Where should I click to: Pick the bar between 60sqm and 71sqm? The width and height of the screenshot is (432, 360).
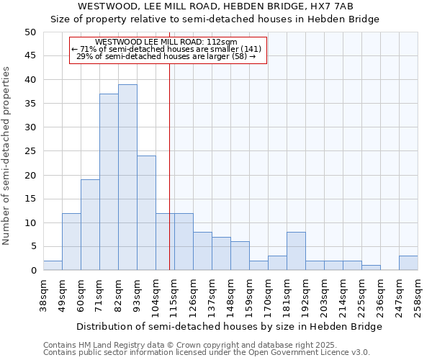pos(90,225)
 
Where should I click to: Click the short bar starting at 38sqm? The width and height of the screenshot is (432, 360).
pos(53,265)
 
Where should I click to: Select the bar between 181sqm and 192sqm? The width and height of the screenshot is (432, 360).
pos(296,251)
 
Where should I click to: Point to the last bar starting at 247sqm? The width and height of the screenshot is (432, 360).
pos(408,263)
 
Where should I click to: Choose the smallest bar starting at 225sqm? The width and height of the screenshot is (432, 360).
pos(371,268)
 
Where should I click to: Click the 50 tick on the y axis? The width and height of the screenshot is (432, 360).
pos(30,32)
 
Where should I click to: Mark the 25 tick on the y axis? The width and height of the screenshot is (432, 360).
pos(30,151)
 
